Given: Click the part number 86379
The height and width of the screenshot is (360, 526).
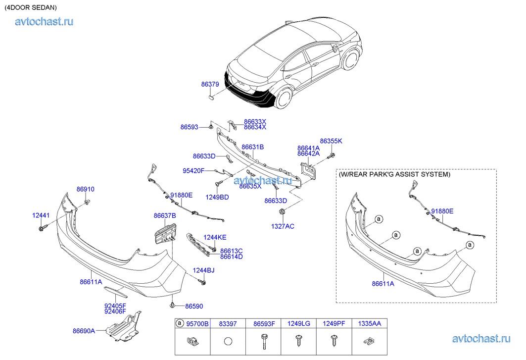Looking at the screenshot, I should pos(210,85).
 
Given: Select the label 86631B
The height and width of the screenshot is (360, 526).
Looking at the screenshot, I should pos(252,147).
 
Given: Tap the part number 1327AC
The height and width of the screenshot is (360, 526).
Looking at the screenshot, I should pos(283,226).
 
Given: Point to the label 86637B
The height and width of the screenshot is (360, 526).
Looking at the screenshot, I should pos(165,215).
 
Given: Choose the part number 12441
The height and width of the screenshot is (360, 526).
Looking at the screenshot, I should pos(41,215).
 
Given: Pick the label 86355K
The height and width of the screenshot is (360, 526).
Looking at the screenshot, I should pos(331,141).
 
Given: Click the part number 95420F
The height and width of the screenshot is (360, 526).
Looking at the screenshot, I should pos(194,171).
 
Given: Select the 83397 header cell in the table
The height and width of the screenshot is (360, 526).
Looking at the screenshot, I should pos(228,324).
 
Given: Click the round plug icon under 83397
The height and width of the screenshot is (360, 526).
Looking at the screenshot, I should pos(228,341).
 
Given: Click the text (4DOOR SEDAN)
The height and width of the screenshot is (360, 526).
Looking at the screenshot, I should pos(31,8).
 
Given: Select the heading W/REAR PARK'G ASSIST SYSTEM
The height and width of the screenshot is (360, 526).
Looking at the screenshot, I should pos(394,175).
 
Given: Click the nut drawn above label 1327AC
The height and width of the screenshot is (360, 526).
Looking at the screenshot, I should pos(283,213).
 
